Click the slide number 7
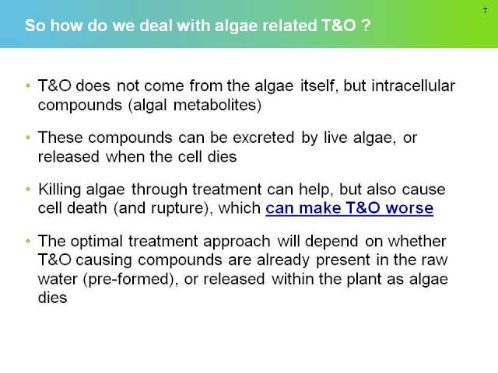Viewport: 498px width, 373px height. (485, 10)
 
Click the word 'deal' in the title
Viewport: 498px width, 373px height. (156, 26)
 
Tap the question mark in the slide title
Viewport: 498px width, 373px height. (366, 26)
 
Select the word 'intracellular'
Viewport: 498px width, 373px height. (413, 85)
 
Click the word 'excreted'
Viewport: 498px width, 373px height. (264, 138)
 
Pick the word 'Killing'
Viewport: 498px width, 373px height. (60, 190)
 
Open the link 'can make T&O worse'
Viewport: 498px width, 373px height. (349, 208)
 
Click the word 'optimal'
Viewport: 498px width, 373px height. (96, 242)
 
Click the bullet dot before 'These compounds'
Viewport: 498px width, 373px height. (28, 138)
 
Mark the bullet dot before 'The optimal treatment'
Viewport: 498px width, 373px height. (28, 241)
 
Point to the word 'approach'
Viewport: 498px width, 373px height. (237, 242)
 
